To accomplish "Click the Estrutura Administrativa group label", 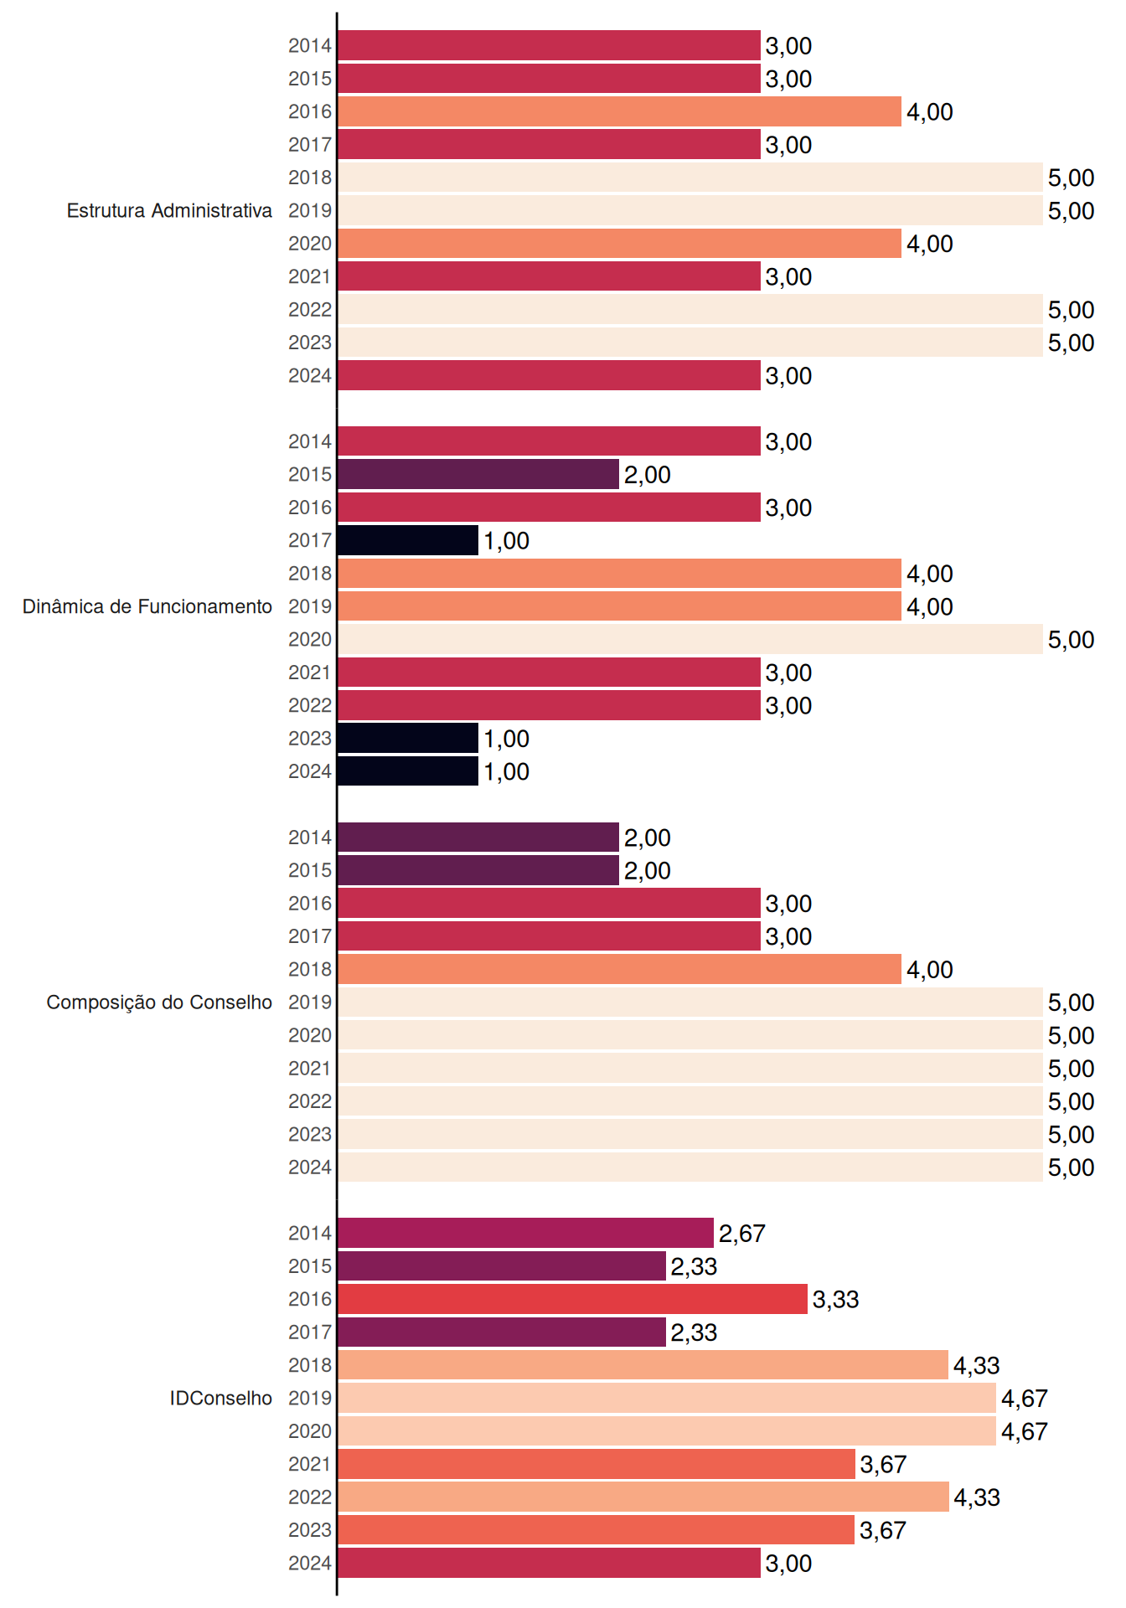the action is [169, 210].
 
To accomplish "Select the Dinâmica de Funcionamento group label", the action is [147, 606].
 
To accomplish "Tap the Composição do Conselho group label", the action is [159, 1002].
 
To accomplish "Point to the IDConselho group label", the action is [221, 1398].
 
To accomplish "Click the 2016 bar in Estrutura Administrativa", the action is [620, 111].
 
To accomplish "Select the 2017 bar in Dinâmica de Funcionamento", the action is [408, 540].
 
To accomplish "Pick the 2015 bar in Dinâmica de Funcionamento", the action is [478, 474].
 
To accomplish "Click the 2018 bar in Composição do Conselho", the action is [620, 969].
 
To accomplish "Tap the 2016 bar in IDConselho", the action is [573, 1299].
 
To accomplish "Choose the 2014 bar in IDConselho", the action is [526, 1233].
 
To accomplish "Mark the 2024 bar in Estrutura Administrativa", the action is [550, 375].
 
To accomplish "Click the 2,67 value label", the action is [742, 1234].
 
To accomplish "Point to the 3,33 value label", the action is [836, 1300].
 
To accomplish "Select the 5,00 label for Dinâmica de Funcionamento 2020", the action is [1072, 640].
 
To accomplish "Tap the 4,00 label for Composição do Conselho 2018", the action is [930, 970].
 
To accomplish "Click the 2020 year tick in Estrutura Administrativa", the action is [310, 244].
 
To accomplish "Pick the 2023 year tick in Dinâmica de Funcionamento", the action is [310, 739].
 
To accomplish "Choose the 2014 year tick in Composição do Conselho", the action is [310, 837].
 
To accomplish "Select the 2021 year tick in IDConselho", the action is [310, 1464].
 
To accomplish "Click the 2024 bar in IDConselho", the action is [550, 1563].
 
